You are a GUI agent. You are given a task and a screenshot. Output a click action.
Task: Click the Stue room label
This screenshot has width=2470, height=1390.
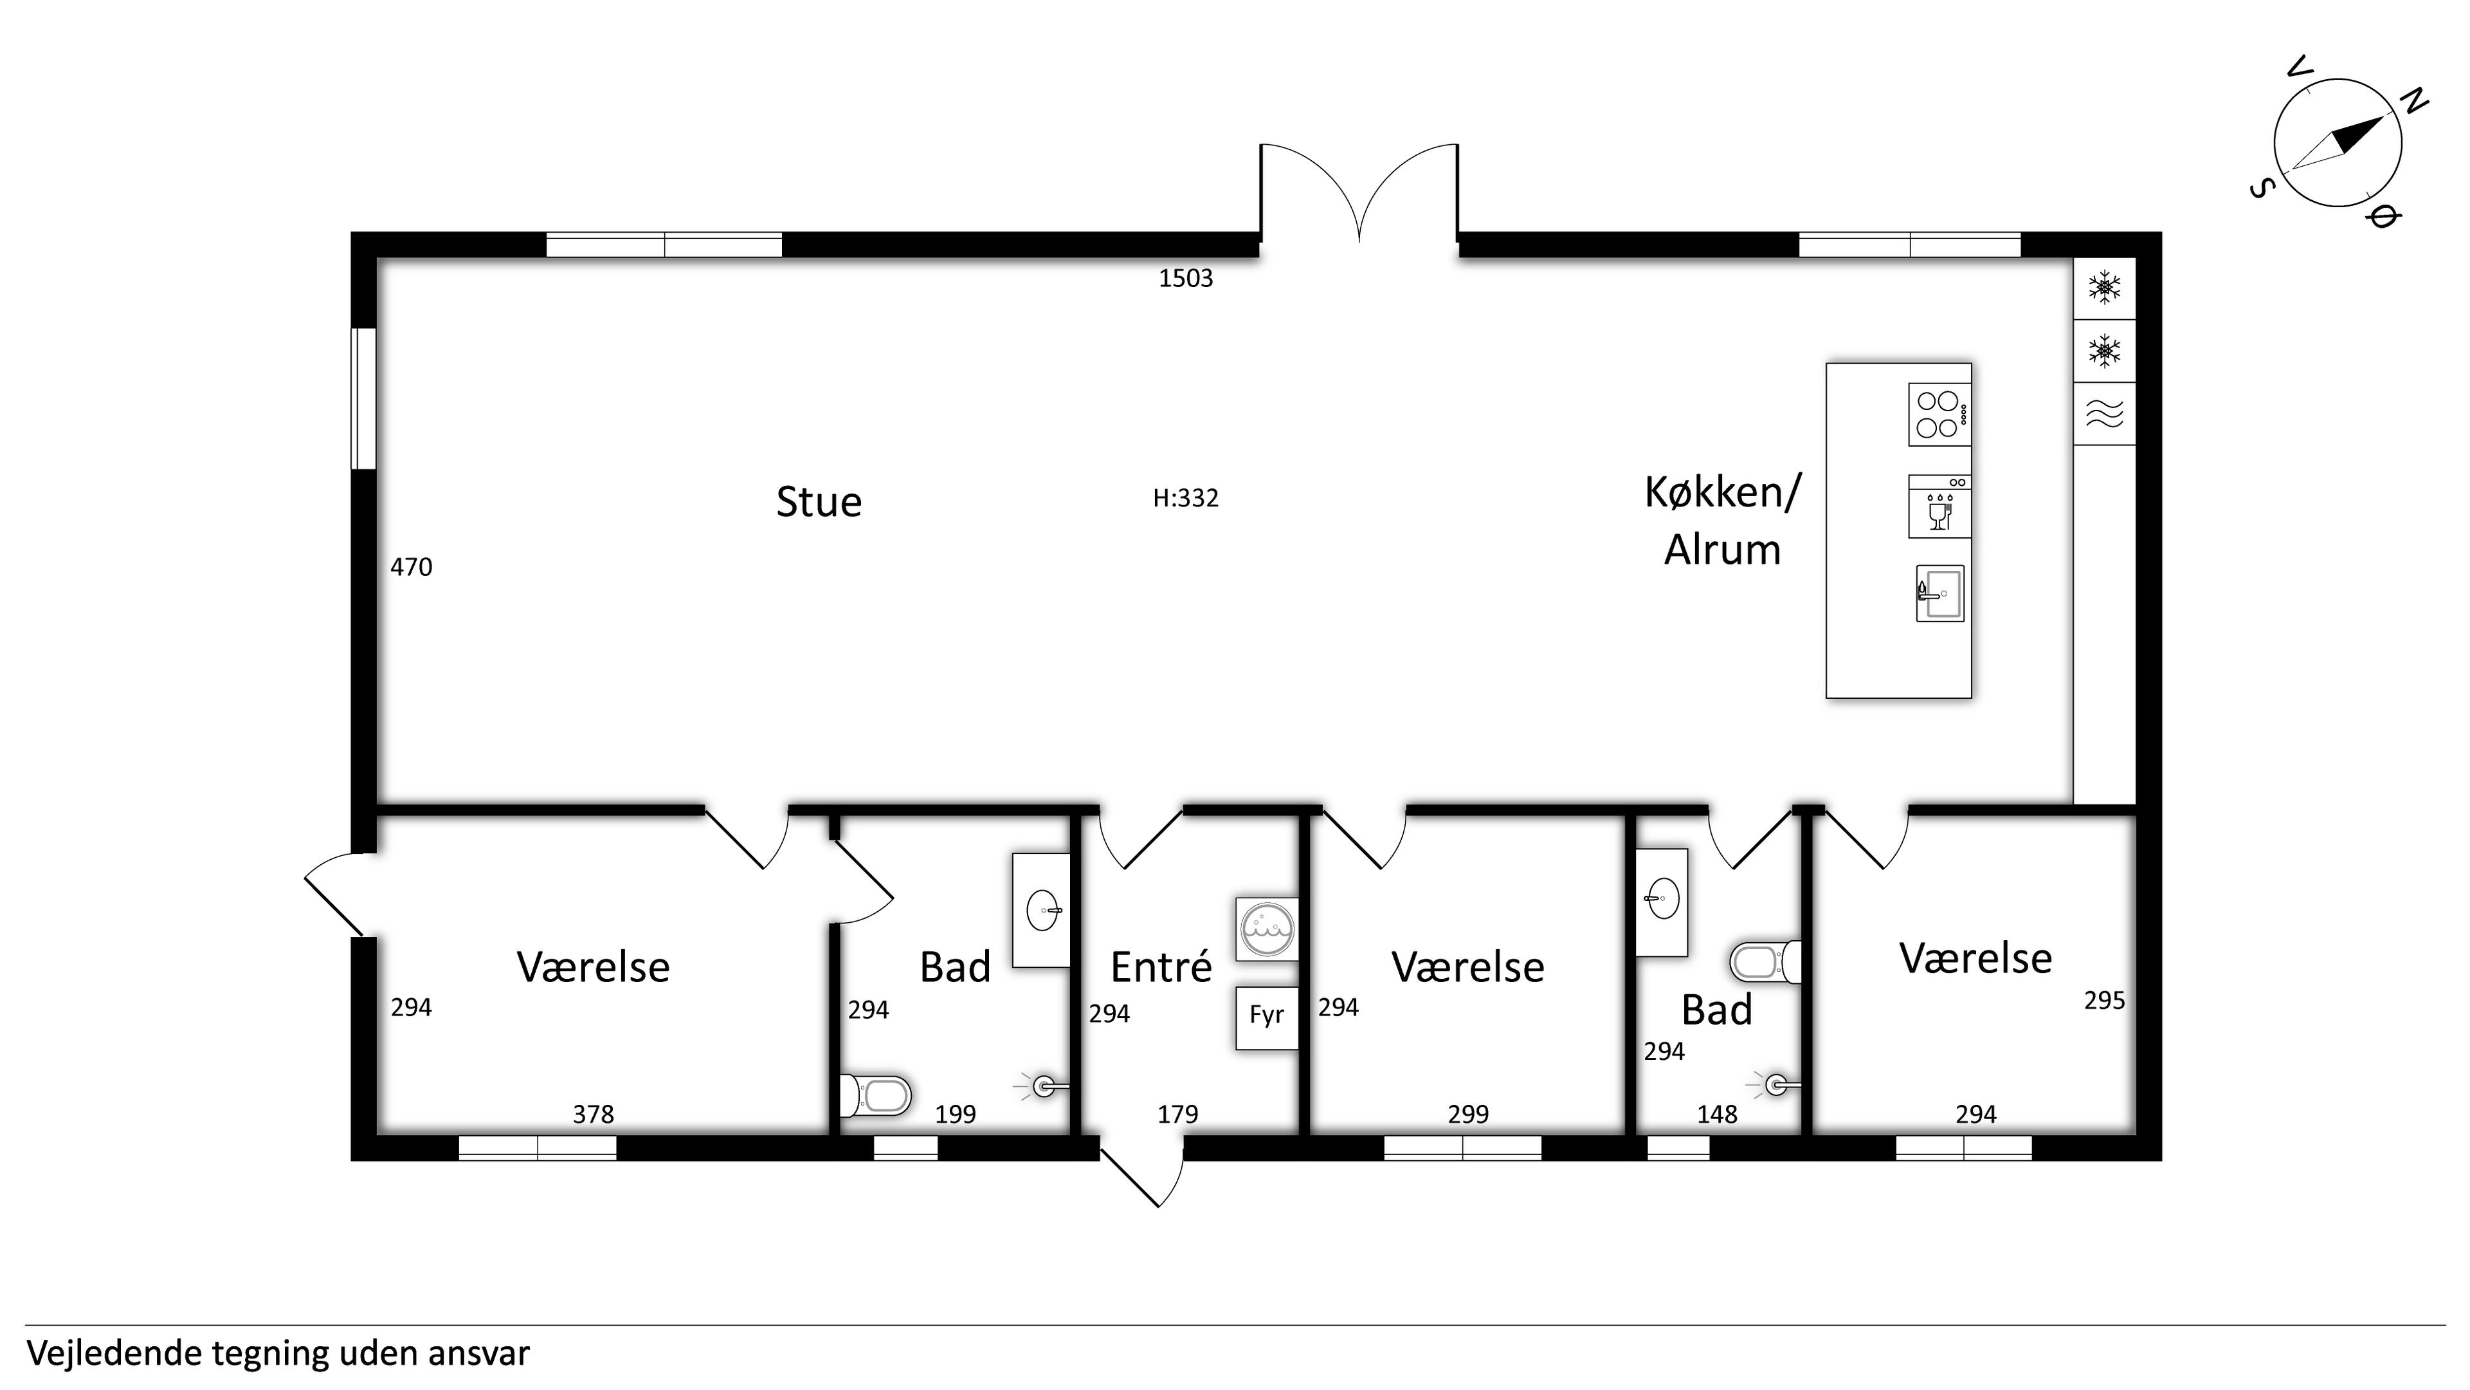(819, 502)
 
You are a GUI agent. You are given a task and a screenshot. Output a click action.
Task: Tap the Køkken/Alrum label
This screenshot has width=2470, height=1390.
(1723, 521)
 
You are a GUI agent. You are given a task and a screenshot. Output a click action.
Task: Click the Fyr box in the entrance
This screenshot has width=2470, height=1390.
(1267, 1018)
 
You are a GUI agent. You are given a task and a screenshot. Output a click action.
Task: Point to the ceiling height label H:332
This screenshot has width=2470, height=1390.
(1186, 498)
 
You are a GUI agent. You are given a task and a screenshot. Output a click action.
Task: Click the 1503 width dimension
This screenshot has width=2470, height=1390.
(1186, 278)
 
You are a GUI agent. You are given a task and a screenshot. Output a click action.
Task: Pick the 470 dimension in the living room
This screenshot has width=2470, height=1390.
(412, 567)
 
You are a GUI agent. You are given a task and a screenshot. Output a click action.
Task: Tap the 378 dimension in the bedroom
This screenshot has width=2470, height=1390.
(594, 1114)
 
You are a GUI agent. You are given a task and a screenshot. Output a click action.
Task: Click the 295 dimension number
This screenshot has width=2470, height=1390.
(2105, 1001)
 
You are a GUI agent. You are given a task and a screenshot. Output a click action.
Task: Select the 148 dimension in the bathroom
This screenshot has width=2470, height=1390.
(1718, 1114)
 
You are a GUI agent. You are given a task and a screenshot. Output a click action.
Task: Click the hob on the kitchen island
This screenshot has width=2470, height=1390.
(1939, 414)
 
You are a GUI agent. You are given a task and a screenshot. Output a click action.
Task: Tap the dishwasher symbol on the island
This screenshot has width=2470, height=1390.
(1939, 506)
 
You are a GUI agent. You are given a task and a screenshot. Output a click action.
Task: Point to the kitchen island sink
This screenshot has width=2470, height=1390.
(1939, 593)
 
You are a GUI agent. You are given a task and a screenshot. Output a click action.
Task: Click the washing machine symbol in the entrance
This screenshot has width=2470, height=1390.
(1267, 929)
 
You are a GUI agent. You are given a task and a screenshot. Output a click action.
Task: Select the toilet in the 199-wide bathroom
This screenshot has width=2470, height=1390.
(875, 1095)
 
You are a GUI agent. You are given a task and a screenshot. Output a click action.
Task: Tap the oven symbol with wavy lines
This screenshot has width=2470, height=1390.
(2105, 414)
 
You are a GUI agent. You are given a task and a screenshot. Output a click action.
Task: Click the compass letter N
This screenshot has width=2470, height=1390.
(2413, 100)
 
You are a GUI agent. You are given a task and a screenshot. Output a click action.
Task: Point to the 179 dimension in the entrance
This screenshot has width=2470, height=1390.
(1177, 1114)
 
